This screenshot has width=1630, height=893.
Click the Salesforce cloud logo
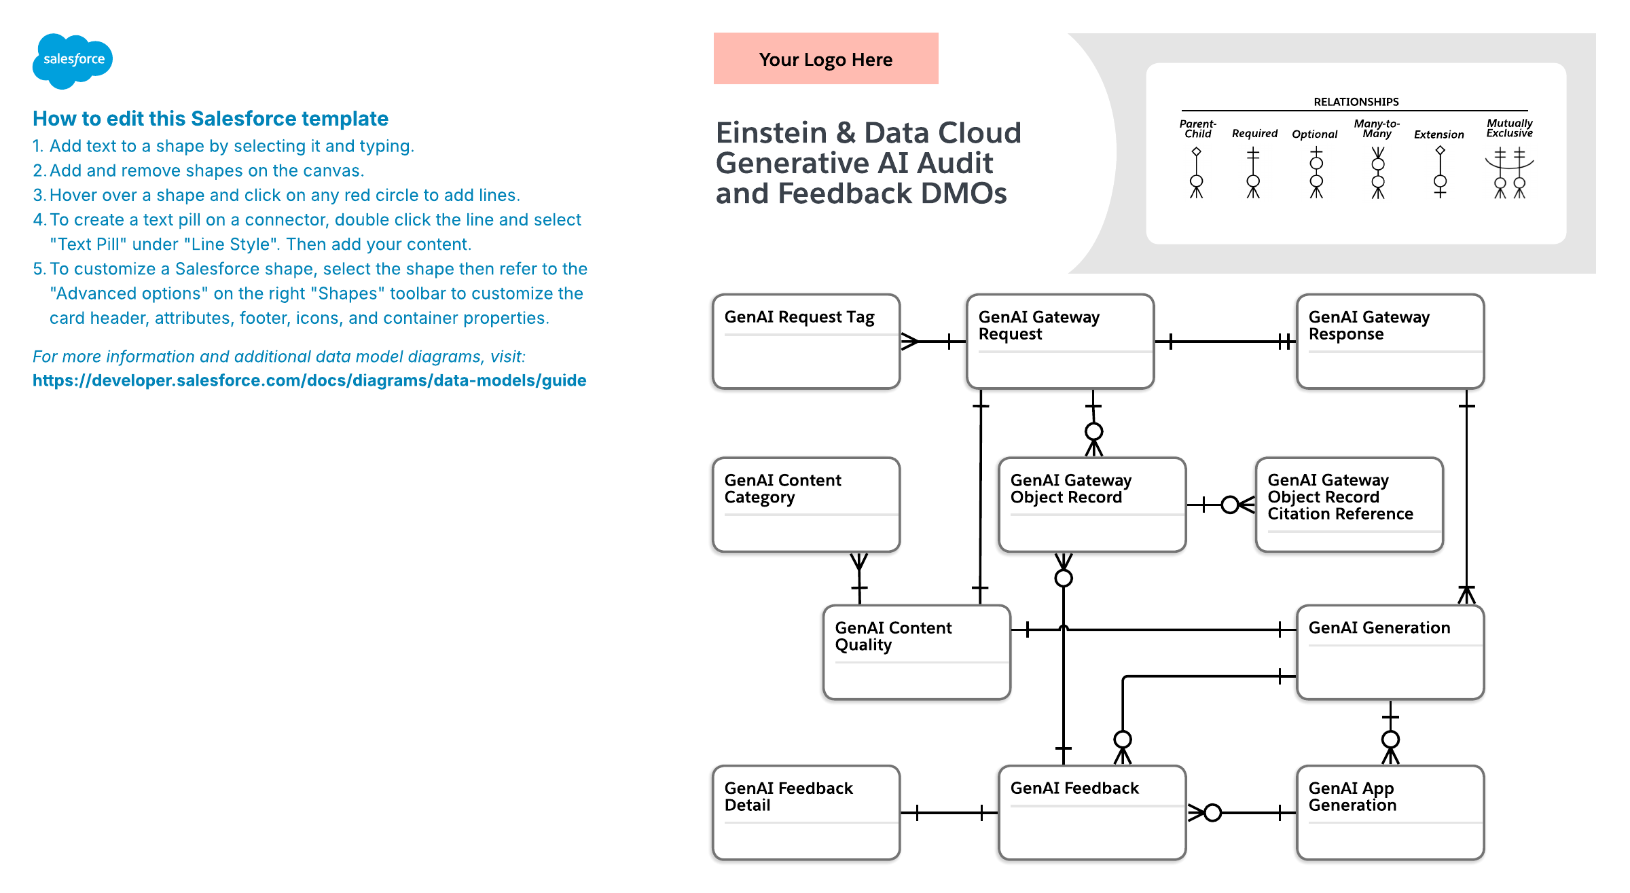(73, 60)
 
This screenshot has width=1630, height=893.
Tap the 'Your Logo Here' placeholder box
(826, 58)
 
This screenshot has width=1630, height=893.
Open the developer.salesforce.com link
(310, 380)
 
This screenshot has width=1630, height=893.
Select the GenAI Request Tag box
(806, 342)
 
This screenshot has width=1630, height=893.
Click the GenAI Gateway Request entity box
(1060, 342)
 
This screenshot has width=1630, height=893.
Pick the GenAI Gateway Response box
(1390, 342)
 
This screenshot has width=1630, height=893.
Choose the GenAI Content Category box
(806, 505)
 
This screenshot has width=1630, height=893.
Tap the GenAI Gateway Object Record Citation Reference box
(1350, 505)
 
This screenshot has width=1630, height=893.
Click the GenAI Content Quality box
(917, 652)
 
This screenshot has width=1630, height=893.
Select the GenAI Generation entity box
(1390, 652)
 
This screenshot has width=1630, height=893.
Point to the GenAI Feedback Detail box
(806, 813)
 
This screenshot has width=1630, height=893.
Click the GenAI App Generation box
(1390, 813)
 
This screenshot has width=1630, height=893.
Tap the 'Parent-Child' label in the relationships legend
(1197, 128)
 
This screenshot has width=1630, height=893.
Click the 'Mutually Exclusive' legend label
(1509, 128)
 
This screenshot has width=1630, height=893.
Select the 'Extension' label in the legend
(1438, 134)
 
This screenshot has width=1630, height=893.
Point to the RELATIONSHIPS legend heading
(1356, 102)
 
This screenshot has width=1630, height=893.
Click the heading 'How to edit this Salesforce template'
(211, 119)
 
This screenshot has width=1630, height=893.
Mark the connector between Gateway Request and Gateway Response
(1225, 342)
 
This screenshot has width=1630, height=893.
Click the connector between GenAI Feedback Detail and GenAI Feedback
(949, 813)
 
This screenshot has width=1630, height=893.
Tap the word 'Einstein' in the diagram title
(771, 132)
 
